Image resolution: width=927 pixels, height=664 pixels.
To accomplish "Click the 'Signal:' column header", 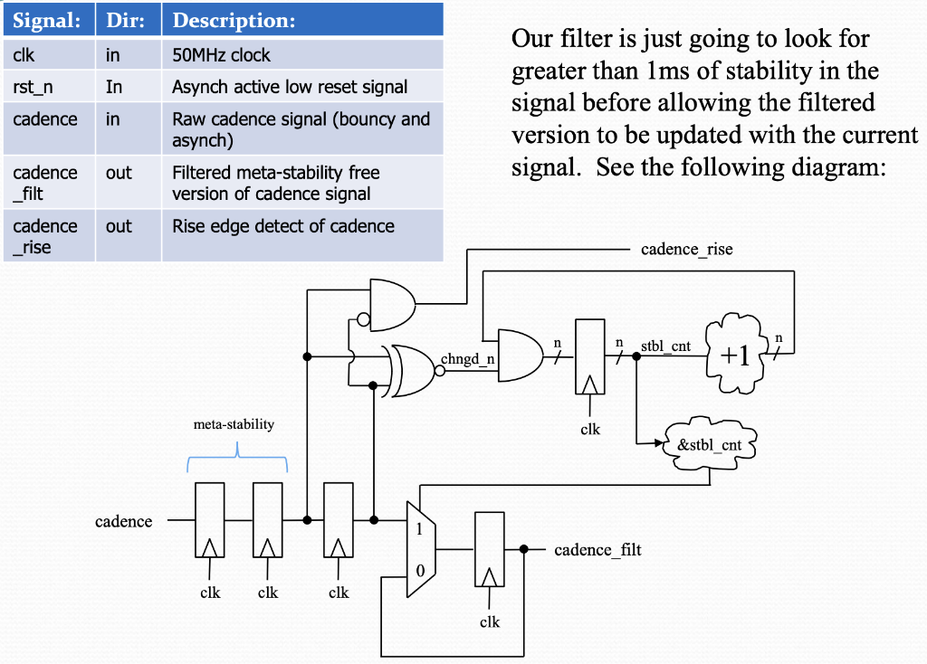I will (47, 19).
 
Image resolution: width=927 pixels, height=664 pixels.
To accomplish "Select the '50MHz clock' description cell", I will (221, 55).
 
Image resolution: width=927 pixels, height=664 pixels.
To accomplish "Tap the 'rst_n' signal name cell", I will (33, 87).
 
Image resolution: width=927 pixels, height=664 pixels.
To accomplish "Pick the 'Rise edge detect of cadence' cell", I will (283, 226).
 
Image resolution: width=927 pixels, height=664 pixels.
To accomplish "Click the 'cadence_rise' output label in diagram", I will (686, 249).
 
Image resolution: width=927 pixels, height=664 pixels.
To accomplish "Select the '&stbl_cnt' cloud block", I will (710, 444).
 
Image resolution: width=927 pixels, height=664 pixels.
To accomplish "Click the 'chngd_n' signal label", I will (467, 359).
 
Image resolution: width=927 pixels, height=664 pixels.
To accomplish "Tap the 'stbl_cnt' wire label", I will (665, 345).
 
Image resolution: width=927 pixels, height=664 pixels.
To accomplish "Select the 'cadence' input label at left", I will (123, 521).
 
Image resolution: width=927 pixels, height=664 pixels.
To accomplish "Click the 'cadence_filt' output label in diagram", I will (597, 549).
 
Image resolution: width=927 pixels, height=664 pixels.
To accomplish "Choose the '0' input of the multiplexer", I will (418, 571).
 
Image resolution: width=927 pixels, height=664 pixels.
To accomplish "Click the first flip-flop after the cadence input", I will (209, 520).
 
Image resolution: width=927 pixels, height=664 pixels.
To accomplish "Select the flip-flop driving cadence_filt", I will (489, 549).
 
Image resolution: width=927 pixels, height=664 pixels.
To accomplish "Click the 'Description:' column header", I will (234, 19).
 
